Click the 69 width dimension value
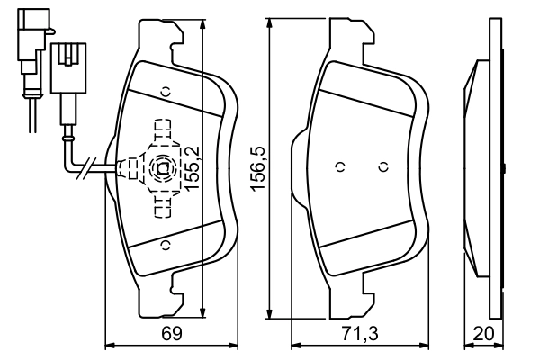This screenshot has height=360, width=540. point(172,334)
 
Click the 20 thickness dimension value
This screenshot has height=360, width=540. point(484,334)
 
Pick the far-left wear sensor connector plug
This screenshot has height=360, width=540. point(26,40)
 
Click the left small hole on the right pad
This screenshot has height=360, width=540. point(339,166)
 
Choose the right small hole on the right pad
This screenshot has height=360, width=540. point(382,166)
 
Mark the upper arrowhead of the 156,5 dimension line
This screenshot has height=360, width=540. point(270,23)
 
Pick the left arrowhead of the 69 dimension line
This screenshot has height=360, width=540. point(110,344)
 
